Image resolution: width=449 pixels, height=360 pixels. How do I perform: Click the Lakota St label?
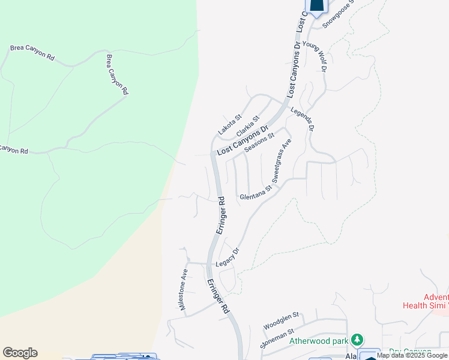pos(229,125)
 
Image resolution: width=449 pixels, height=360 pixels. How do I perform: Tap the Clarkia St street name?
pos(247,126)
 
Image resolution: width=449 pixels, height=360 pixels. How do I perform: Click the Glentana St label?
pos(256,192)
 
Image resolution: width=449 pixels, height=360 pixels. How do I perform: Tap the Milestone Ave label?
pos(184,290)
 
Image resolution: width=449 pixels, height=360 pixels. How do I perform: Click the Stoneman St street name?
pos(277,339)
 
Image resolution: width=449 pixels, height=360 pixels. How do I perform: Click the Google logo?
pos(20,353)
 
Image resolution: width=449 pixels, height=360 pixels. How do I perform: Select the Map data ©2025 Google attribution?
pos(412,356)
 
